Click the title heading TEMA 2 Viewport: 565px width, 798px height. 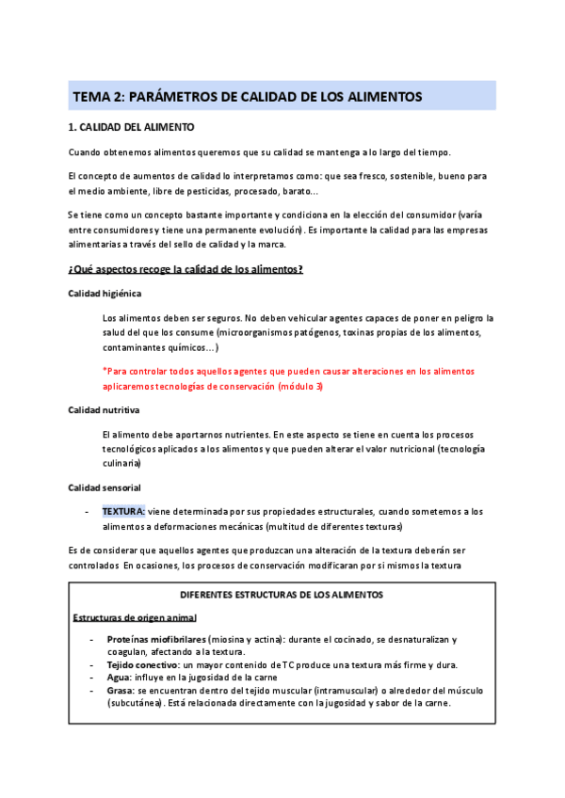coord(248,97)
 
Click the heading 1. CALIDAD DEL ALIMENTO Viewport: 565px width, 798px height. coord(132,127)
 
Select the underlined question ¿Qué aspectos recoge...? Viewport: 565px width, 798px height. coord(186,270)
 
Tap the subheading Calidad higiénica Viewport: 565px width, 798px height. coord(105,294)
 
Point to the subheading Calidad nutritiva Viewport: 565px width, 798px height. coord(105,410)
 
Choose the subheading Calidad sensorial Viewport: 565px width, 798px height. coord(105,487)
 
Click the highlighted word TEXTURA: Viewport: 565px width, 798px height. coord(123,511)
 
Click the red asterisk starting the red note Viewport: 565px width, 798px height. coord(105,371)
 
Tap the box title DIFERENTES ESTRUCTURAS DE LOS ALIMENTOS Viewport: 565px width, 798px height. coord(282,596)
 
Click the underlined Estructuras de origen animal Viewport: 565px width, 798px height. coord(135,617)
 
